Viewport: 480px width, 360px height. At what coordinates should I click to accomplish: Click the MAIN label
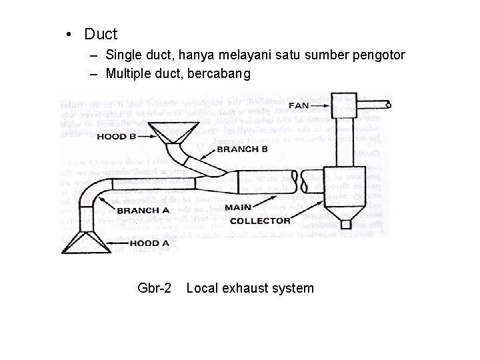coord(238,208)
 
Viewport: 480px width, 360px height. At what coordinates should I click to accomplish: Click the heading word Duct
coord(101,33)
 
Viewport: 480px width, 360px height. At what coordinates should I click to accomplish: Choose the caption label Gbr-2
coord(155,288)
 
